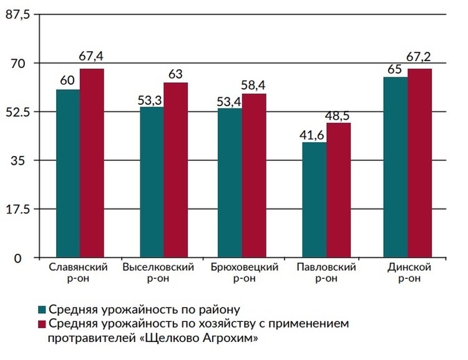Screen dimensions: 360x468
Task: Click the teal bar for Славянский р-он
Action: (67, 173)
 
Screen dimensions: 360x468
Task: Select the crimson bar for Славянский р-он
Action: (92, 163)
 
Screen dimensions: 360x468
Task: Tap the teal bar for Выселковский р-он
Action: (152, 182)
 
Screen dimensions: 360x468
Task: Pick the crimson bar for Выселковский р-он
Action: (175, 170)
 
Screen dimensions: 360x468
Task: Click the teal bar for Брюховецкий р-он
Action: (230, 183)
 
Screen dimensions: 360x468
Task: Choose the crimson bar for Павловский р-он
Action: (338, 190)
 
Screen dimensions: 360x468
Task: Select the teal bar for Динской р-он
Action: (395, 167)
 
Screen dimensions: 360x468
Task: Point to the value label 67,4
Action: (91, 56)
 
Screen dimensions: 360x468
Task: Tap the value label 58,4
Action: (254, 84)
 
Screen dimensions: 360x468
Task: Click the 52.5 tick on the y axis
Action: (17, 112)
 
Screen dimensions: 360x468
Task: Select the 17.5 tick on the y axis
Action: (17, 209)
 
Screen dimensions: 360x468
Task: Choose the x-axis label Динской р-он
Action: (409, 273)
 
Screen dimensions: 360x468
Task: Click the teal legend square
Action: (42, 309)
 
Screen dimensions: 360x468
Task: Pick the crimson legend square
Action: (42, 324)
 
